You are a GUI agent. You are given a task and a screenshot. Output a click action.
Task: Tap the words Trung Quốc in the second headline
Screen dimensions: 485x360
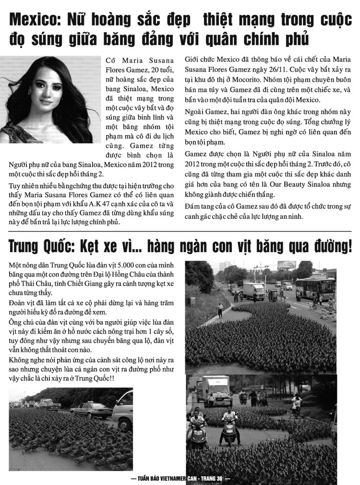(39, 246)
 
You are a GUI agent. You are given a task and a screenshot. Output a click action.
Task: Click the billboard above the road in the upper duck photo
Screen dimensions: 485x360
(287, 265)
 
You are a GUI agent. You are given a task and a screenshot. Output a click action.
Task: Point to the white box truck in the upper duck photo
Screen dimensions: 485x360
(254, 290)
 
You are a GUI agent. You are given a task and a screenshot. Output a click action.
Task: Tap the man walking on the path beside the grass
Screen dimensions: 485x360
(220, 310)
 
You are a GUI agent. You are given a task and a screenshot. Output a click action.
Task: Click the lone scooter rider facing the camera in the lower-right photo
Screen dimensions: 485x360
(229, 424)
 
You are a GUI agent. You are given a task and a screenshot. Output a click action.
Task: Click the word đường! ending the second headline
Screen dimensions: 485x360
(335, 246)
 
